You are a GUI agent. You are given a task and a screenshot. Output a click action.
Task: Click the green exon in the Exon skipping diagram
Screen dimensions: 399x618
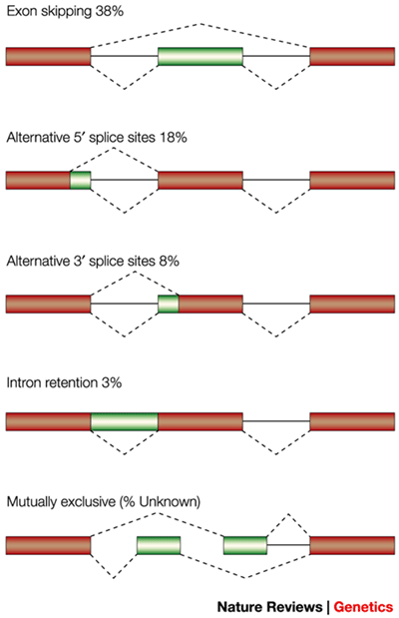pos(200,56)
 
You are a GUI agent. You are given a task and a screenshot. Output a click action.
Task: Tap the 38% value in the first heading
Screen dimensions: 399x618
pos(110,11)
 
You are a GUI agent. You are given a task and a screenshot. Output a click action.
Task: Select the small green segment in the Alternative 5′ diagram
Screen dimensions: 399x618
pos(81,180)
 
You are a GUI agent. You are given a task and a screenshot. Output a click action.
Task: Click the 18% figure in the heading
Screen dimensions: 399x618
pos(174,138)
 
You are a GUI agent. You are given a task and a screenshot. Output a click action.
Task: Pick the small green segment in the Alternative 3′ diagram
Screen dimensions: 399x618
pos(169,304)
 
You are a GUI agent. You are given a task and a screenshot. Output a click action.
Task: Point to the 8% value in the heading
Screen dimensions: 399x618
pos(169,262)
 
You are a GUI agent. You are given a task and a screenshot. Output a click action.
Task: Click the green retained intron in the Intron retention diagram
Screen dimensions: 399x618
pos(125,421)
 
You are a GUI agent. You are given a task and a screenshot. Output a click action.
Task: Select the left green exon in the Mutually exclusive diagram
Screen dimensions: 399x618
pos(159,545)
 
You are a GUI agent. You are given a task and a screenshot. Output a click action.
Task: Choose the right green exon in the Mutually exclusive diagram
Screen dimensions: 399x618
pos(245,545)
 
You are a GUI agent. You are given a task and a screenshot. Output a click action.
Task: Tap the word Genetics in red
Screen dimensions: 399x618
pos(363,607)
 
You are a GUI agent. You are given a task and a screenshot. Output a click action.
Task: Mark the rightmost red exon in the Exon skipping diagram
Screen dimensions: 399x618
pos(352,56)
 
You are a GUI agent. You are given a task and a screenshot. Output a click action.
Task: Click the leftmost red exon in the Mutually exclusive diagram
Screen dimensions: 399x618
pos(49,545)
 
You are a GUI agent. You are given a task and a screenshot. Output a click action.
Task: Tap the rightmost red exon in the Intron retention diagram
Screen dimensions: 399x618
pos(352,421)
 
